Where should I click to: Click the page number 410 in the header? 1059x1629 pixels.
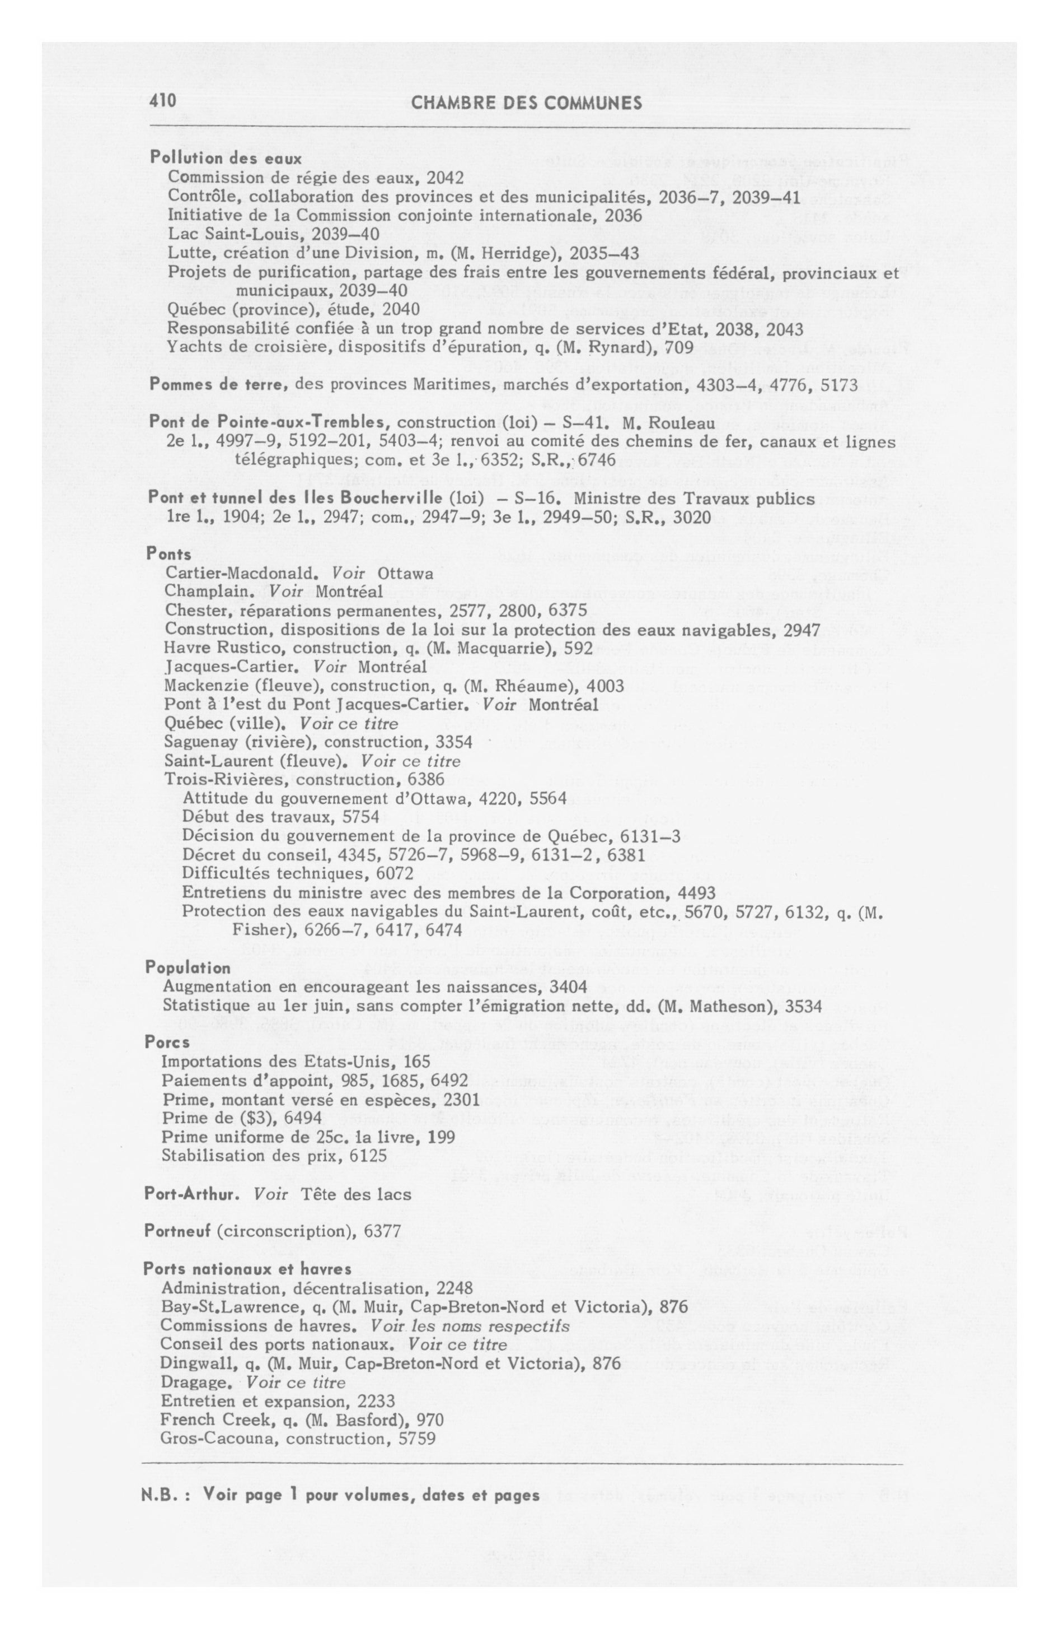click(x=163, y=101)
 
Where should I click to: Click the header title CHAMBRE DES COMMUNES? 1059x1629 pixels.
click(x=527, y=103)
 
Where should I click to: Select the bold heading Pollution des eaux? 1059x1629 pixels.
click(x=226, y=158)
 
